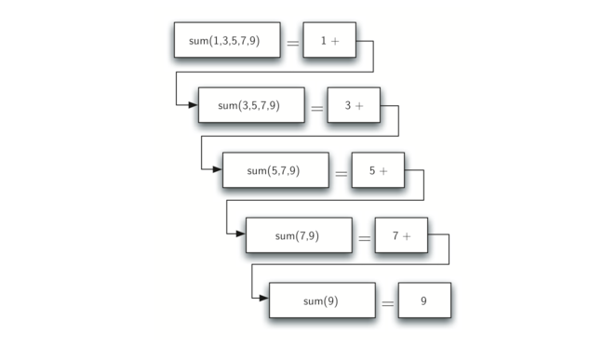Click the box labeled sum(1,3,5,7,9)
[227, 40]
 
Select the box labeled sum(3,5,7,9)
[250, 105]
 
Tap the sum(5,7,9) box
[275, 170]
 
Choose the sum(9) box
[322, 300]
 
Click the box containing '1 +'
[328, 40]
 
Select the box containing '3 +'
[353, 105]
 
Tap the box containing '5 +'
[377, 170]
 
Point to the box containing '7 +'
[401, 235]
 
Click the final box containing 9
[424, 300]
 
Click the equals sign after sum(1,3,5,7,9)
[292, 43]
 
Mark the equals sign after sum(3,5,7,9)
[316, 108]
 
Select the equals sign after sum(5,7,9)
[341, 173]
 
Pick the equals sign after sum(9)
[388, 303]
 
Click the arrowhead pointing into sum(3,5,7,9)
[193, 104]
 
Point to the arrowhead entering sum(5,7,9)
[217, 169]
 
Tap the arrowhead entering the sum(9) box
[264, 300]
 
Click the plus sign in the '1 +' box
[335, 41]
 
